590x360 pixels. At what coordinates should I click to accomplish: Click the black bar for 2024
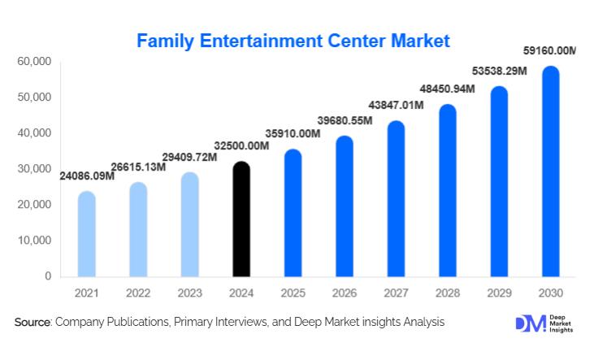pyautogui.click(x=241, y=219)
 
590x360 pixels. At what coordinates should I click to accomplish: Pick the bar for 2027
pyautogui.click(x=397, y=199)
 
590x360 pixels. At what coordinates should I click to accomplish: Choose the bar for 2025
pyautogui.click(x=293, y=213)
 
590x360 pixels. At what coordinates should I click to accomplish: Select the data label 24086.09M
pyautogui.click(x=87, y=175)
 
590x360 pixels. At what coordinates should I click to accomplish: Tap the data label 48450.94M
pyautogui.click(x=447, y=88)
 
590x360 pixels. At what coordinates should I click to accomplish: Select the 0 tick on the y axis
pyautogui.click(x=47, y=276)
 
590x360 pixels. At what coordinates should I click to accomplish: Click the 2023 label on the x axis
pyautogui.click(x=189, y=292)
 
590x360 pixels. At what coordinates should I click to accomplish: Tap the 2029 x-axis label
pyautogui.click(x=499, y=292)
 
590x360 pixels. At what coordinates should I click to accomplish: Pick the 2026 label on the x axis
pyautogui.click(x=345, y=292)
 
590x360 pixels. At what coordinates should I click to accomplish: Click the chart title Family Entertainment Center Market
pyautogui.click(x=293, y=40)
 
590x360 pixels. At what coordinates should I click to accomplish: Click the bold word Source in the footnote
pyautogui.click(x=33, y=323)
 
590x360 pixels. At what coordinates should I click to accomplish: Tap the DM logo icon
pyautogui.click(x=530, y=323)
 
